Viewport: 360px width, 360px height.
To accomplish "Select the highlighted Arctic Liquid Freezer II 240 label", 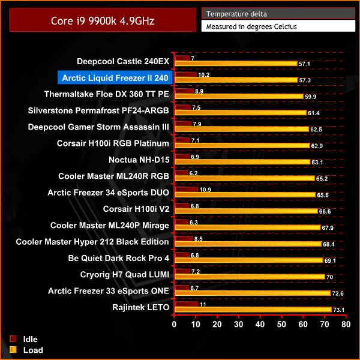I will click(114, 77).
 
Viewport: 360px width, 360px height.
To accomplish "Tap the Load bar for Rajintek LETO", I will click(252, 310).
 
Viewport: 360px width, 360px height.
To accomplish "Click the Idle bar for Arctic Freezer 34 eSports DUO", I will click(185, 190).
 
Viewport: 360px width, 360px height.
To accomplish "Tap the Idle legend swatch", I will click(13, 340).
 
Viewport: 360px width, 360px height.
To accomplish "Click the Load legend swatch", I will click(13, 350).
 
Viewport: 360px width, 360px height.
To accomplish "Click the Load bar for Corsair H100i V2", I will click(245, 211).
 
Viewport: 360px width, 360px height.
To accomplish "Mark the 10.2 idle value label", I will click(203, 75).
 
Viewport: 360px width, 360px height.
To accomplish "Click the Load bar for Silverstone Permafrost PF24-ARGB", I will click(239, 112).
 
